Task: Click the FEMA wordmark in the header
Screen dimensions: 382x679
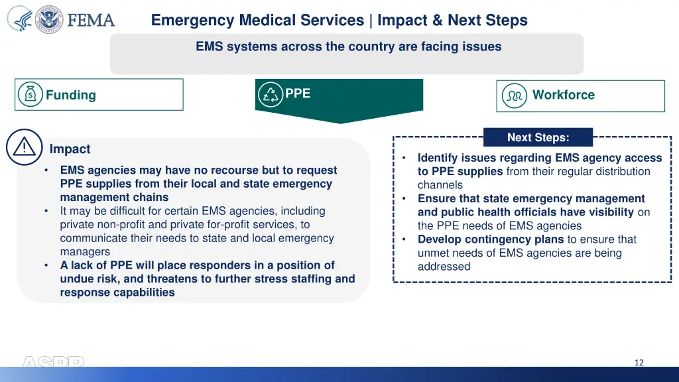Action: (91, 21)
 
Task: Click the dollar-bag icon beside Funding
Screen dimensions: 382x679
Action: (31, 95)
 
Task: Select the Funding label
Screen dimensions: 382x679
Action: (71, 95)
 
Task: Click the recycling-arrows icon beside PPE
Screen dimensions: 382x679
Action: (270, 94)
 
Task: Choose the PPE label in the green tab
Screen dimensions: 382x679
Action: (298, 94)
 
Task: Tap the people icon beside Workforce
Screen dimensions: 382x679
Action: (515, 95)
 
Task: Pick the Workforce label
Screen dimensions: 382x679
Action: (563, 95)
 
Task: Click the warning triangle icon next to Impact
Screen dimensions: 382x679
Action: (24, 147)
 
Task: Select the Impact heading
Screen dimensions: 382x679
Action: (70, 149)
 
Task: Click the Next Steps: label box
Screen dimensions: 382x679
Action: (538, 137)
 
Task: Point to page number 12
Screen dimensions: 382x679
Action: (639, 362)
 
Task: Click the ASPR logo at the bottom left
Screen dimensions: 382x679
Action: (53, 362)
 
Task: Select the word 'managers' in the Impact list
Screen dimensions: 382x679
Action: (85, 252)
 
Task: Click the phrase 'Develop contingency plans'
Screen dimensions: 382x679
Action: (491, 239)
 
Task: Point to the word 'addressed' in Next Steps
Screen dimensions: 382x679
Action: (444, 267)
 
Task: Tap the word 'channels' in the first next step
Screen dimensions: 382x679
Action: (440, 185)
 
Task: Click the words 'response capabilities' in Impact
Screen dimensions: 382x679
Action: (117, 292)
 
